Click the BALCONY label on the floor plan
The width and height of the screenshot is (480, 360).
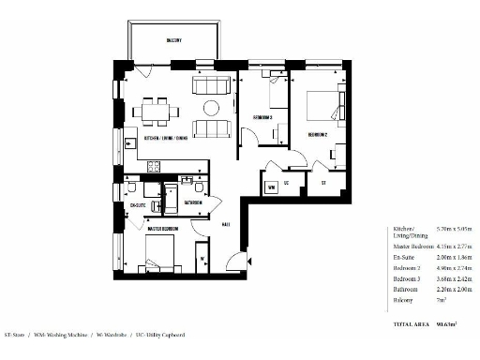174,40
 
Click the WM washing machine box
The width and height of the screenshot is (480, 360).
272,187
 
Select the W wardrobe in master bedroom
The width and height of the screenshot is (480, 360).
202,257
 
